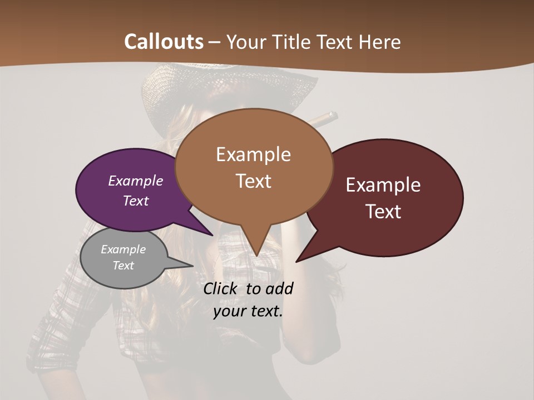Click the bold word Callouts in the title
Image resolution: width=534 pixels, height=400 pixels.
164,42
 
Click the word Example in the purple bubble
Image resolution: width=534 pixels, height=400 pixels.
136,181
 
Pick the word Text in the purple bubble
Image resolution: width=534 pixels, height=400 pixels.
136,201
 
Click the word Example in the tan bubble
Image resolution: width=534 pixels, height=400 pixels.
253,154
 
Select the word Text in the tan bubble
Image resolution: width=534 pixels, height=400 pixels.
254,181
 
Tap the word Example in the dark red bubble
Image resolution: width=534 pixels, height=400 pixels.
383,185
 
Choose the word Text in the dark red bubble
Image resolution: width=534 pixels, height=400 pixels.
384,212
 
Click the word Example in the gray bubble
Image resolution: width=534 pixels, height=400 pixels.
123,249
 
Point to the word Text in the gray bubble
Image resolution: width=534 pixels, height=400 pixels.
123,266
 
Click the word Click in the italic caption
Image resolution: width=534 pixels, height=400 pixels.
221,289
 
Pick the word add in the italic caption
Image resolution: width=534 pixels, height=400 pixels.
279,289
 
